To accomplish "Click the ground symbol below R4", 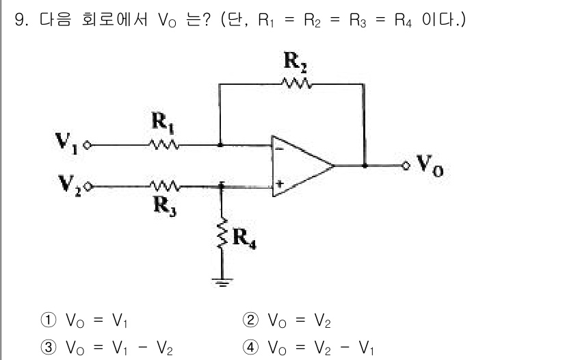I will point(221,281).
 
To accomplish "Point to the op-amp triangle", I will point(301,165).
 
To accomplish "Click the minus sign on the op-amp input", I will point(279,146).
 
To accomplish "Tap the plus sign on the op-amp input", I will point(279,183).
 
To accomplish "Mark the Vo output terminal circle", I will point(406,165).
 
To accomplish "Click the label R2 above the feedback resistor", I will point(295,63).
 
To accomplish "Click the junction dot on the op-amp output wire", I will point(365,165).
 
